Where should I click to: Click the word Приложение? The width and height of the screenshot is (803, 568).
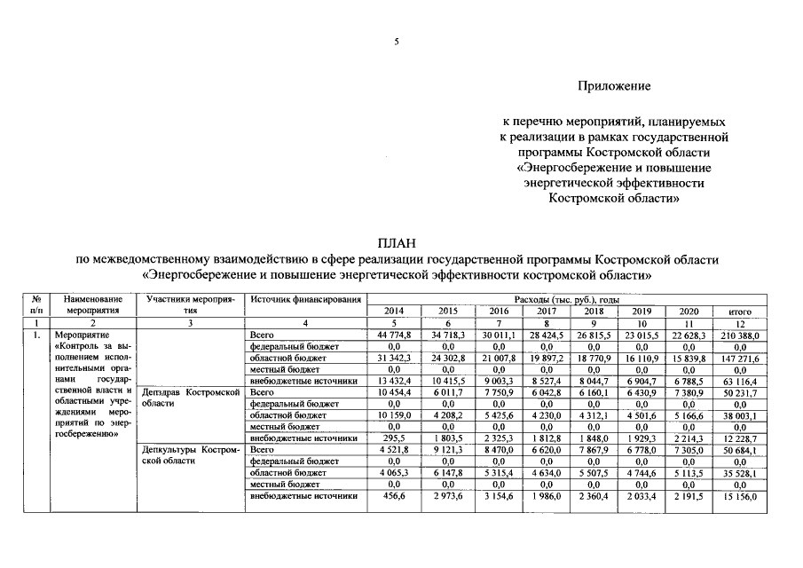pos(614,86)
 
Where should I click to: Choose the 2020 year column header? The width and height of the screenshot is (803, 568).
pos(689,312)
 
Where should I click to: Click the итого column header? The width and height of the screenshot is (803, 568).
pos(740,312)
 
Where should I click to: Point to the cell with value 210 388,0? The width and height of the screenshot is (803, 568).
pos(740,335)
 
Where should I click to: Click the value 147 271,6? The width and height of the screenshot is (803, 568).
pos(740,358)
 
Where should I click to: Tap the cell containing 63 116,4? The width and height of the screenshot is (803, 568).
pos(740,381)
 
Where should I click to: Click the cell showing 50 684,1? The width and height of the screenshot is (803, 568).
pos(740,450)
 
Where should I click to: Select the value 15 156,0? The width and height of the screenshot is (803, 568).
pos(740,495)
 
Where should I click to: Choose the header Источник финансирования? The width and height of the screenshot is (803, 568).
pos(307,300)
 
